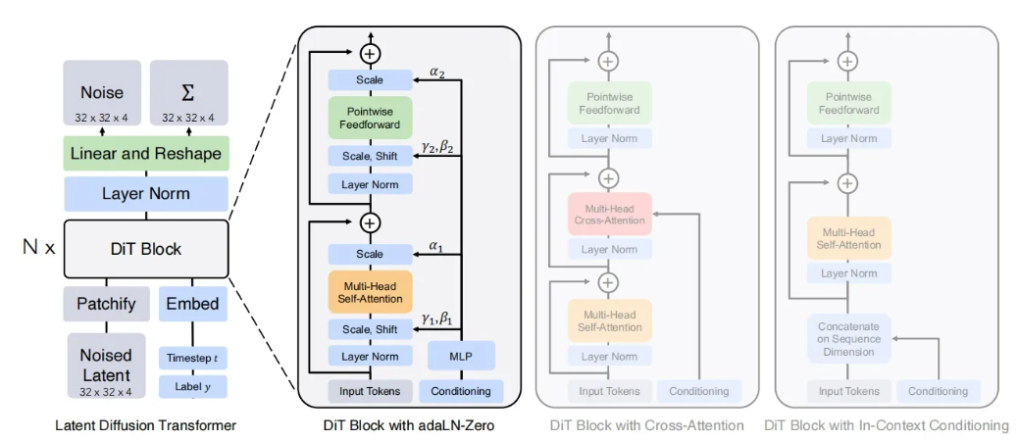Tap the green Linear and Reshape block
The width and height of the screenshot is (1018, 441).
tap(146, 154)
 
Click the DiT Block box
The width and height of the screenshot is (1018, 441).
tap(146, 249)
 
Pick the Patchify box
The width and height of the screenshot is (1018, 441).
tap(106, 304)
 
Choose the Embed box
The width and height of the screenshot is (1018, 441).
tap(193, 304)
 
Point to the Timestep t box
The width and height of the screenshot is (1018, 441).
tap(193, 359)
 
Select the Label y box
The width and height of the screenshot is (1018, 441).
tap(193, 386)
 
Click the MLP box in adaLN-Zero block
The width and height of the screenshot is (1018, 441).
tap(461, 356)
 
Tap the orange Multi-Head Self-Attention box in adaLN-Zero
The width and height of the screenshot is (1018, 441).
tap(370, 290)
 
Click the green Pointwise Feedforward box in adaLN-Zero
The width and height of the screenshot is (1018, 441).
tap(370, 118)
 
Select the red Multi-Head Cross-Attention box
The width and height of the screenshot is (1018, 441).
tap(609, 214)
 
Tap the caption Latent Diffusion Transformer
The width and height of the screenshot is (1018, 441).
tap(145, 425)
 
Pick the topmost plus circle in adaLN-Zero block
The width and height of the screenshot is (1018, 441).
tap(370, 54)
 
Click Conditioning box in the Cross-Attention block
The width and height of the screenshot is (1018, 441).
tap(699, 391)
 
